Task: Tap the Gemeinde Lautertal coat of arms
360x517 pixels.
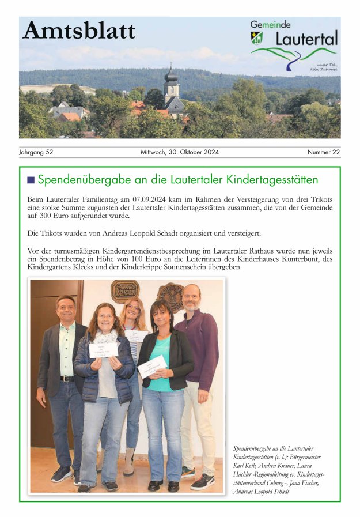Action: (x=256, y=37)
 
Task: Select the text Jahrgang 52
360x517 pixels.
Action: (x=36, y=153)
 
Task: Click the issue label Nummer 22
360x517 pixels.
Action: (x=323, y=153)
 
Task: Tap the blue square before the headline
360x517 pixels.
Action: (x=31, y=180)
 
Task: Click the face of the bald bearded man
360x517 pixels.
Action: (x=191, y=298)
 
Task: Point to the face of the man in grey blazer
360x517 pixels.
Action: (x=66, y=309)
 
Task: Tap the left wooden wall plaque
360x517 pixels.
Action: (x=124, y=291)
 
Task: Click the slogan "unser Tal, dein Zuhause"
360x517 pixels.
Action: (x=323, y=66)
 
